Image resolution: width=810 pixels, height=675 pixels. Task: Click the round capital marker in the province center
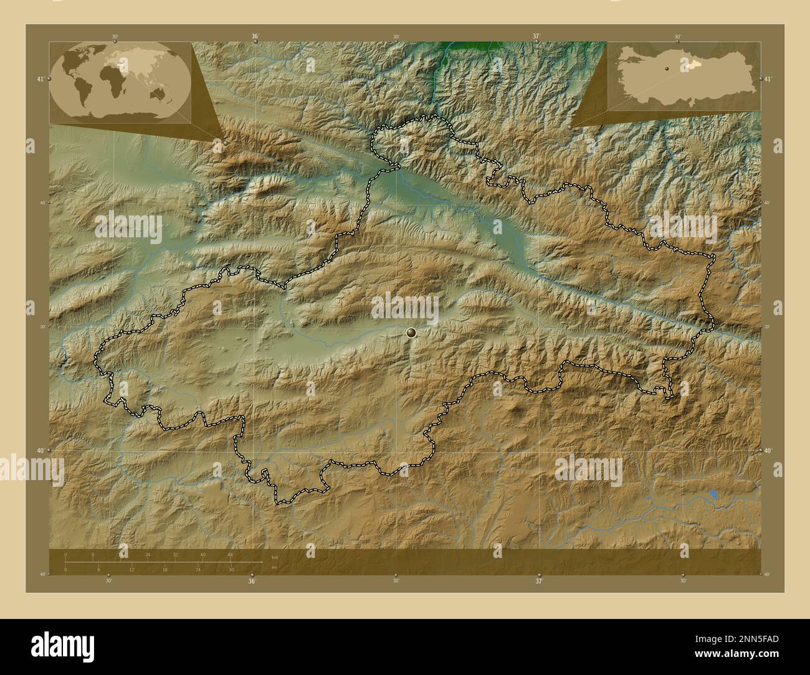[411, 333]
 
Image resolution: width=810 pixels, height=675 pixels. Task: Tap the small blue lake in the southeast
[713, 496]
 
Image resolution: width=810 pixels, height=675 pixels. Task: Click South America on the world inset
[83, 93]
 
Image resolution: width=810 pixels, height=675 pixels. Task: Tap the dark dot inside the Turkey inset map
[667, 70]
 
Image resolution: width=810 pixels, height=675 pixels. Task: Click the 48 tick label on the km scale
[230, 554]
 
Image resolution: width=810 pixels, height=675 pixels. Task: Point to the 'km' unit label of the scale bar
[275, 557]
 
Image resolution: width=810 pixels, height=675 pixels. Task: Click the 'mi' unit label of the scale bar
[274, 567]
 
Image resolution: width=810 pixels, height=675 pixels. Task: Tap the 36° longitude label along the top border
[255, 37]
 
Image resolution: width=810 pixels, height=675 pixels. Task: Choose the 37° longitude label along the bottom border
[538, 581]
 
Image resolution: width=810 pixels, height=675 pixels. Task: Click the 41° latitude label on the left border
[39, 79]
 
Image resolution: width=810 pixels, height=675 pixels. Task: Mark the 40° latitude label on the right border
[768, 450]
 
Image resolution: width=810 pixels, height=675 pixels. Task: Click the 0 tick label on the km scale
[65, 554]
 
